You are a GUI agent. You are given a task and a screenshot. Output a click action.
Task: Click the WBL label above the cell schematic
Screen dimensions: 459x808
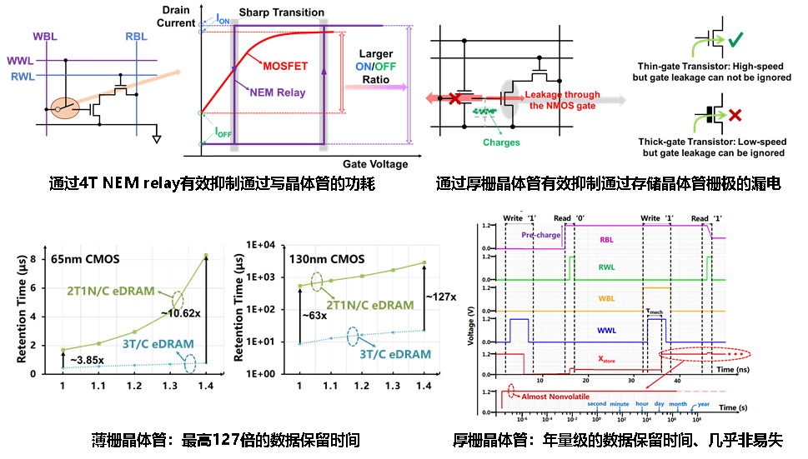pos(45,36)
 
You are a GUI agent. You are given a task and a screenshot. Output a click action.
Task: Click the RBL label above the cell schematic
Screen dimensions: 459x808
pos(136,36)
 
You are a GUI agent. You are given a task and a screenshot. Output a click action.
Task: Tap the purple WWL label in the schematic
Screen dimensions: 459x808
pos(19,62)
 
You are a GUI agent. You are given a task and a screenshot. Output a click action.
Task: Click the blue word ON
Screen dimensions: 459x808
pos(364,67)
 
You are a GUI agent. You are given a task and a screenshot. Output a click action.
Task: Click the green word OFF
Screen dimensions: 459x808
pos(385,67)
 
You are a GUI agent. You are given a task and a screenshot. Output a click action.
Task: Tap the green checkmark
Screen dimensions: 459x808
pos(735,41)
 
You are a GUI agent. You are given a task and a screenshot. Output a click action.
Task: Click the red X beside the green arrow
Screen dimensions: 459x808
pos(735,115)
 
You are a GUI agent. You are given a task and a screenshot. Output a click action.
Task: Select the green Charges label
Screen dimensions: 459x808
pos(500,142)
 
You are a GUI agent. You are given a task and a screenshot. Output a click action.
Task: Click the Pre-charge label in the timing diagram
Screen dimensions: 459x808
pos(540,235)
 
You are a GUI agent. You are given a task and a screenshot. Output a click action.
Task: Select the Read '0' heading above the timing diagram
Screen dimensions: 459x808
pos(570,218)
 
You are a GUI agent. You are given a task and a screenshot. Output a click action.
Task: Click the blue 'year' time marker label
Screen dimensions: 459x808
pos(703,404)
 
